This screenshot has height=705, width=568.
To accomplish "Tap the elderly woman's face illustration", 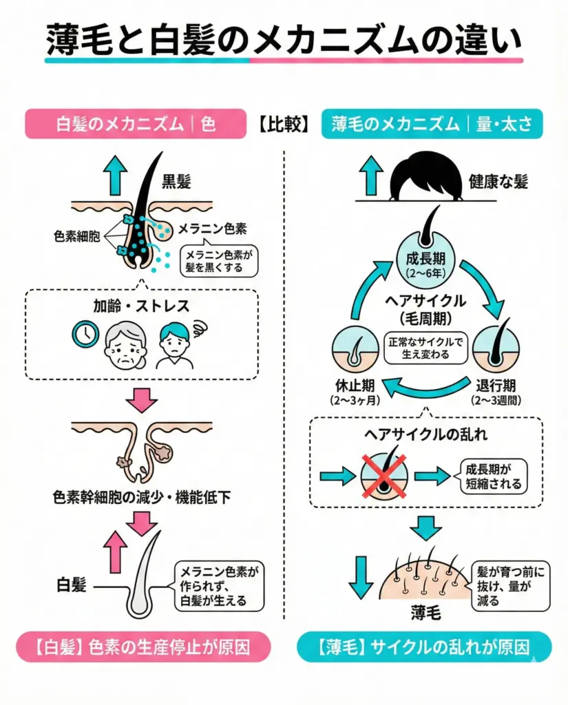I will click(125, 344).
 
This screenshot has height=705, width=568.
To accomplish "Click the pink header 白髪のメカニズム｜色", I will click(135, 125).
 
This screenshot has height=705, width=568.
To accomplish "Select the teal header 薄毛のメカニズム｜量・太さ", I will click(432, 125).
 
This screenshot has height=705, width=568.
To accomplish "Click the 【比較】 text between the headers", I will click(284, 125).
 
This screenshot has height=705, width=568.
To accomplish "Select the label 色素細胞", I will click(76, 236).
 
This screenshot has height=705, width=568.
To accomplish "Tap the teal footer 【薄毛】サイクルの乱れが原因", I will click(424, 647).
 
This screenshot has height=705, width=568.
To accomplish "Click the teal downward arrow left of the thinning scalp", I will click(359, 578).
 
